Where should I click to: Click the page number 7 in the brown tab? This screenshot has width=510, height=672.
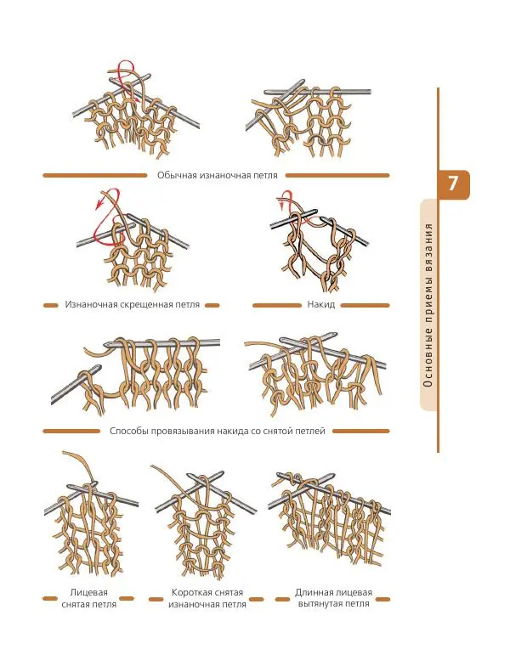tap(452, 183)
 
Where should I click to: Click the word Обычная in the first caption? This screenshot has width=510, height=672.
tap(177, 175)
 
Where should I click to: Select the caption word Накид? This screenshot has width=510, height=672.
tap(320, 305)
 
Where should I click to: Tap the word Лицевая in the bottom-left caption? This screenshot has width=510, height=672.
tap(88, 593)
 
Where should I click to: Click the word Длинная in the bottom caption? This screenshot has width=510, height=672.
tap(314, 593)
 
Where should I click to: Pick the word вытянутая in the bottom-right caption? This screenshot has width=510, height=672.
tap(320, 603)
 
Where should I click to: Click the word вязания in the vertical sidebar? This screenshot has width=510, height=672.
tap(428, 242)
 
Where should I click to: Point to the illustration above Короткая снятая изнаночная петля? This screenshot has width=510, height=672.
tap(204, 522)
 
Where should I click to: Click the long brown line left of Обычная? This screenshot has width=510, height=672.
tap(95, 175)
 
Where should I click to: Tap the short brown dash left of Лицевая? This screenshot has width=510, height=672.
tap(50, 598)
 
